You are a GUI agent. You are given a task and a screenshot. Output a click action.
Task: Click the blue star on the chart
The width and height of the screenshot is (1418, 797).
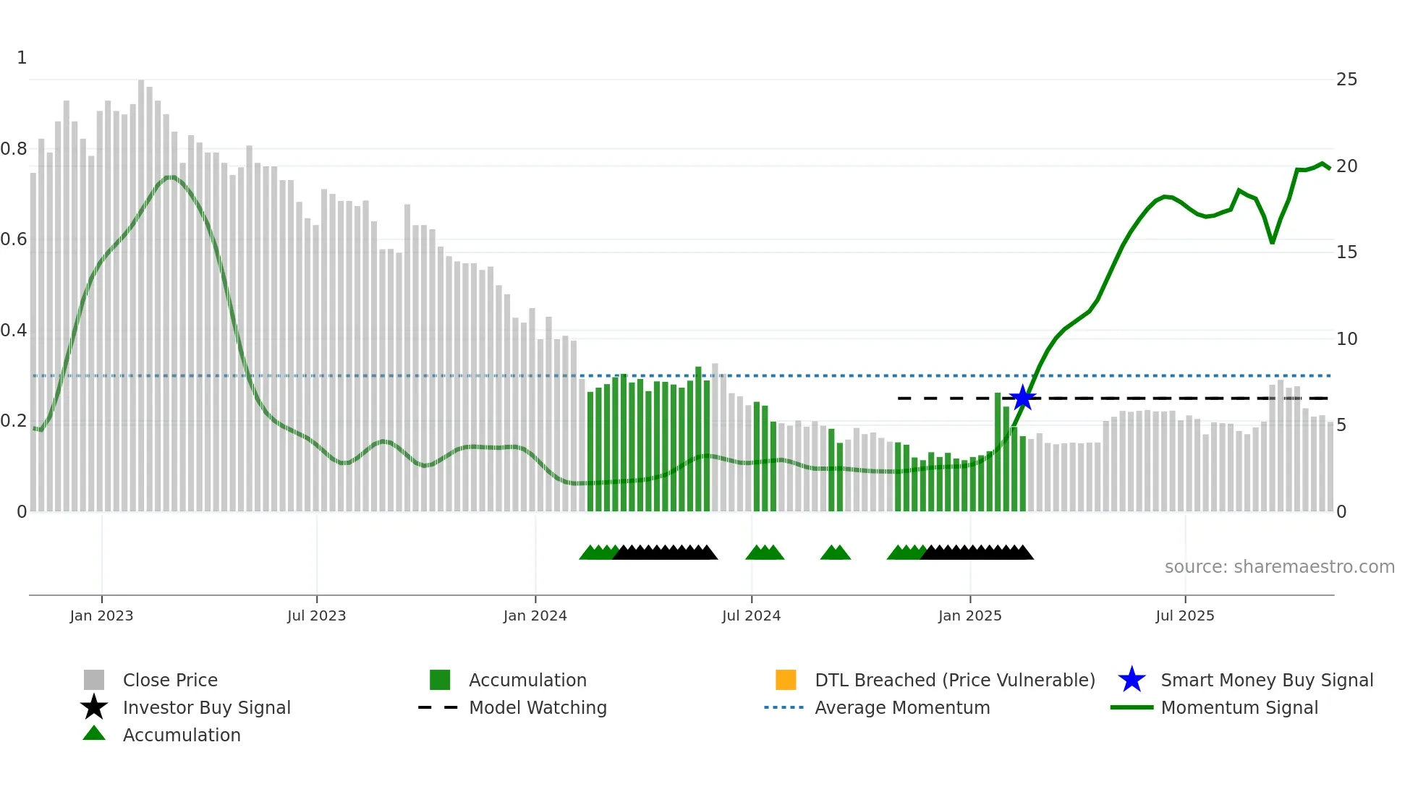coord(1022,398)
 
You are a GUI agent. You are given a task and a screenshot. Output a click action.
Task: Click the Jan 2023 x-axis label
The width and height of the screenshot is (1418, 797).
coord(101,615)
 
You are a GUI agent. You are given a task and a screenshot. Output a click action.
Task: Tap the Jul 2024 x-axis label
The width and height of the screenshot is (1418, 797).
coord(751,615)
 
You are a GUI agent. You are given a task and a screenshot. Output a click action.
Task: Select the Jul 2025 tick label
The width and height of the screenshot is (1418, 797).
coord(1184,615)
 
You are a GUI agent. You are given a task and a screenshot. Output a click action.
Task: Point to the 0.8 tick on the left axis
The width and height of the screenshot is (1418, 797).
coord(14,149)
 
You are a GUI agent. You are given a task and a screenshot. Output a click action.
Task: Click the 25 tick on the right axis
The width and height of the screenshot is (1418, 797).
coord(1346,80)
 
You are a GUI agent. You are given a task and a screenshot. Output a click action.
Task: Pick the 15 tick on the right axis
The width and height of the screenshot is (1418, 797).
coord(1346,252)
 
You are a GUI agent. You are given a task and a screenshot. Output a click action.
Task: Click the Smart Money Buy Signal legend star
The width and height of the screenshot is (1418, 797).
coord(1132,680)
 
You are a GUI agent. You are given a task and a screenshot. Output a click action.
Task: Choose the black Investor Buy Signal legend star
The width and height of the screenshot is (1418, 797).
coord(94,707)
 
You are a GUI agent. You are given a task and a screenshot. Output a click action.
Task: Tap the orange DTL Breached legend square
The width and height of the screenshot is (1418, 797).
coord(786,680)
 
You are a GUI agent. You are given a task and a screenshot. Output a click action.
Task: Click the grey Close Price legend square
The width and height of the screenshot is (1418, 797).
coord(94,680)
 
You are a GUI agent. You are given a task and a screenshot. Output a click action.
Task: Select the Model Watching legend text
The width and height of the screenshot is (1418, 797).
coord(538,707)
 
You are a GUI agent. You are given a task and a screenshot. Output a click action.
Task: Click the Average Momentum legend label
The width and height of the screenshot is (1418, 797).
coord(902,707)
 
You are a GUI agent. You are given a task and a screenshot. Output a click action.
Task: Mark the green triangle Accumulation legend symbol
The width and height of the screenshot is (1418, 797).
coord(94,733)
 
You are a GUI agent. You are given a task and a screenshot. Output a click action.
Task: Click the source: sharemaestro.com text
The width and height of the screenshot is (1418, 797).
coord(1279,566)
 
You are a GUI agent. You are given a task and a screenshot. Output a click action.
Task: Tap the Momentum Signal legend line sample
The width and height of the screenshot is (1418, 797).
coord(1132,707)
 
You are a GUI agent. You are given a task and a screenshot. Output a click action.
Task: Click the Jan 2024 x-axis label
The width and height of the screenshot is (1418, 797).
coord(535,615)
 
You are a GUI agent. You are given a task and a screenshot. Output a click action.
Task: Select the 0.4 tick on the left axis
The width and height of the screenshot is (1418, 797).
coord(14,331)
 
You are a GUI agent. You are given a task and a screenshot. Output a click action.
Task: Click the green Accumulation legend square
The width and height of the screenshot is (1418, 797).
coord(440,680)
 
